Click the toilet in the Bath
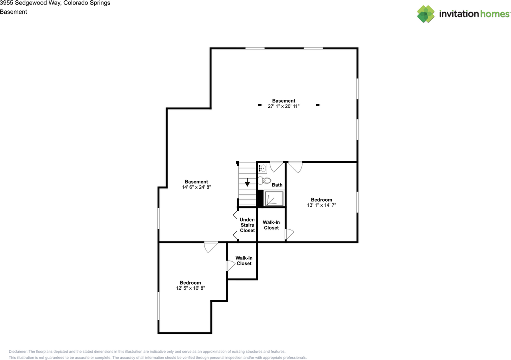[264, 181]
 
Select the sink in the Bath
[262, 168]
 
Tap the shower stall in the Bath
[274, 199]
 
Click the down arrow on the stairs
[247, 182]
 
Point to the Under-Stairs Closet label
[247, 225]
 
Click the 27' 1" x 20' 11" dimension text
[283, 106]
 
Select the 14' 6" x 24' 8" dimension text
[196, 187]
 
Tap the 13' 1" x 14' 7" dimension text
[321, 205]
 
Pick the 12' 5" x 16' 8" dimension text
[190, 288]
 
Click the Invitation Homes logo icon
[426, 14]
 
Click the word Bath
[277, 185]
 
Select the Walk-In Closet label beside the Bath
[271, 225]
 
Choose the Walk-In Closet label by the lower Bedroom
[244, 261]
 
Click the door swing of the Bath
[276, 167]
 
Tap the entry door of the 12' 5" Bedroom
[211, 247]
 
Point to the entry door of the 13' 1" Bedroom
[295, 167]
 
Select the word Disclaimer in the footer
[18, 352]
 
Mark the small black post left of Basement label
[259, 105]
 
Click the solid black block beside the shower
[260, 198]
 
